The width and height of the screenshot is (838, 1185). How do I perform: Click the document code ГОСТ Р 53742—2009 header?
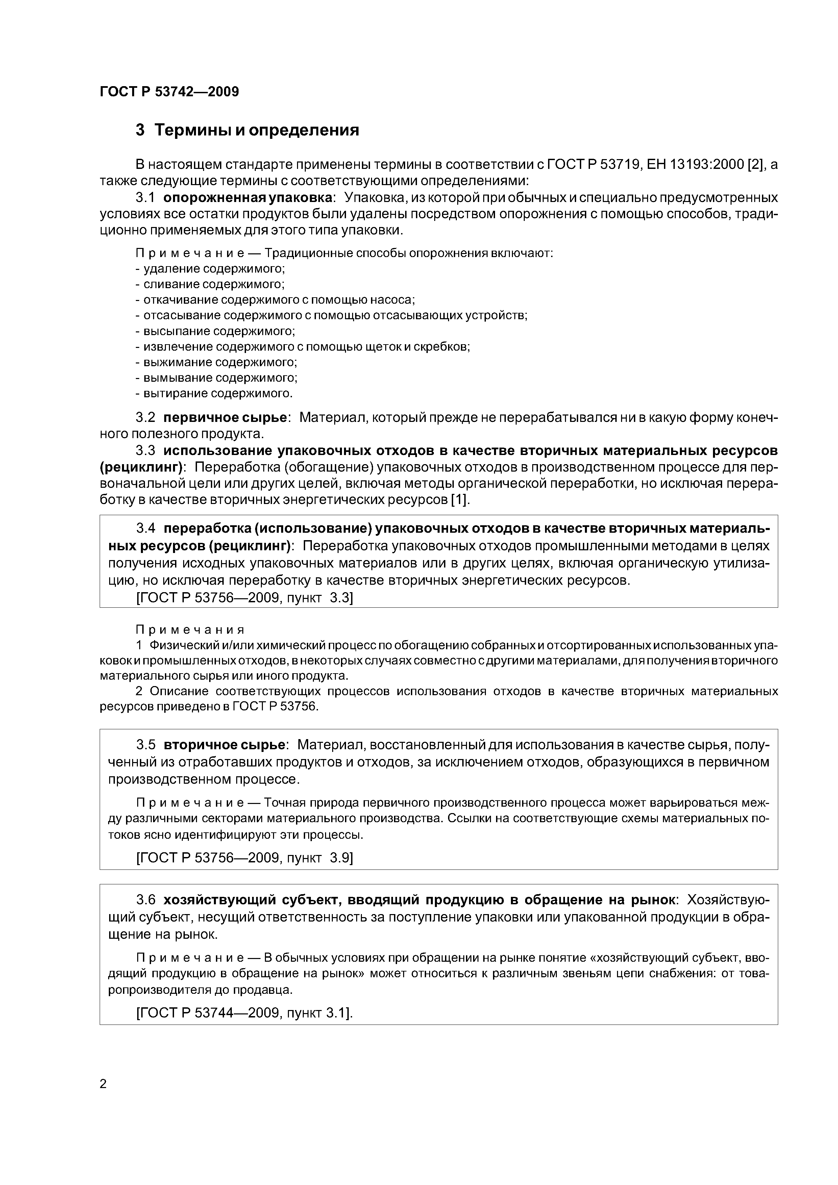click(x=169, y=92)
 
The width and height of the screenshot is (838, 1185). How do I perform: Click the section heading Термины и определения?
click(x=247, y=131)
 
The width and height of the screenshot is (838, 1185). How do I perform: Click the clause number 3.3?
click(x=146, y=451)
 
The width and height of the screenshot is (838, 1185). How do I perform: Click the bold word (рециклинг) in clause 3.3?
click(x=143, y=468)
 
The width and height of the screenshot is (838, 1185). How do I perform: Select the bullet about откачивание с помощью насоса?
click(x=275, y=300)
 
